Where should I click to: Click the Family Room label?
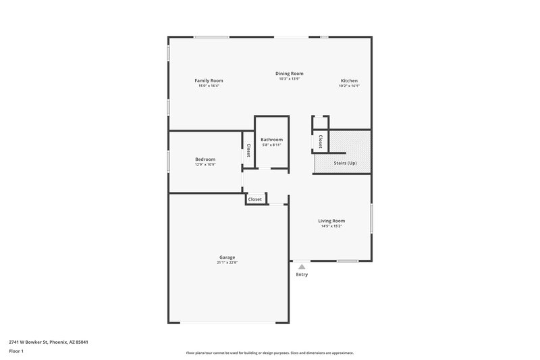(x=209, y=80)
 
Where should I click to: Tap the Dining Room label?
(x=289, y=73)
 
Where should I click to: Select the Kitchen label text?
(x=349, y=80)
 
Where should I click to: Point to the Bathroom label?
(x=271, y=139)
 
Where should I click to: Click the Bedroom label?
(x=205, y=159)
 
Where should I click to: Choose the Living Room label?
(x=332, y=221)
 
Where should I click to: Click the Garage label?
(x=227, y=257)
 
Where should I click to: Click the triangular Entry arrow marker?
(x=302, y=267)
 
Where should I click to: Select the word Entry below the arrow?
(x=302, y=274)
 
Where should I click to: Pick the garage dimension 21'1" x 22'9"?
(x=227, y=262)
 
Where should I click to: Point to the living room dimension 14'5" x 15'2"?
(x=332, y=226)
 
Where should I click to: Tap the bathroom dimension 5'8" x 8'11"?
(x=271, y=145)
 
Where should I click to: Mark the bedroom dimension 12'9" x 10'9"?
(x=205, y=164)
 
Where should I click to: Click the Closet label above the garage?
(x=255, y=199)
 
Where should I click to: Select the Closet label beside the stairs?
(x=321, y=141)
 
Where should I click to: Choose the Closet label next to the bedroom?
(x=248, y=150)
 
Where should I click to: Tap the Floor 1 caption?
(x=17, y=352)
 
